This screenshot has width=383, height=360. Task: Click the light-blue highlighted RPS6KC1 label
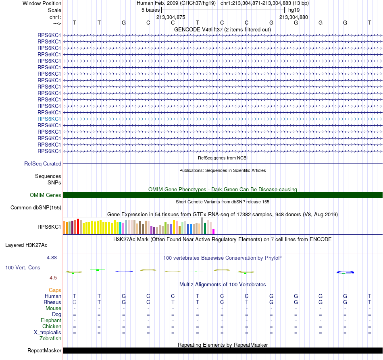coord(49,119)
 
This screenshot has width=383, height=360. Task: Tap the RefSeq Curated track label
coord(43,163)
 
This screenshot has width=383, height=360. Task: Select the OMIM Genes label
coord(46,195)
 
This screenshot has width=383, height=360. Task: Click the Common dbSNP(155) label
coord(36,207)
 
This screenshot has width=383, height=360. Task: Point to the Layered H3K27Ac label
coord(26,245)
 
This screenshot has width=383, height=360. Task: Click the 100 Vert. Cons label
coord(23,267)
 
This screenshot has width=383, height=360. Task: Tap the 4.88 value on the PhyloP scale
coord(52,258)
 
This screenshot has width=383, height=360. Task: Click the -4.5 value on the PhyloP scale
coord(52,278)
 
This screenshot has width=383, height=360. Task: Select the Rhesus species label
coord(52,302)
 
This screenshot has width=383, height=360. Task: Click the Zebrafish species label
coord(50,339)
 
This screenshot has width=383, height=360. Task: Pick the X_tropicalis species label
coord(48,333)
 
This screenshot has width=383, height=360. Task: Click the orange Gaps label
coord(55,290)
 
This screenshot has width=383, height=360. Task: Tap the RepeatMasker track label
coord(44,350)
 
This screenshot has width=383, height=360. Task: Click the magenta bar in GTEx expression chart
coord(214,232)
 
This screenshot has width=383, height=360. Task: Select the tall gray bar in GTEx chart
coord(202,226)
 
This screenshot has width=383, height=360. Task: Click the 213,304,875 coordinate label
coord(171,17)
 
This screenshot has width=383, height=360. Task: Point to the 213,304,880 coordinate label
coord(293,17)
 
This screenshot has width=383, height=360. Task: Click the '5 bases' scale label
coord(150,10)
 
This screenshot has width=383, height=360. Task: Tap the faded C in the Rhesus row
coord(75,302)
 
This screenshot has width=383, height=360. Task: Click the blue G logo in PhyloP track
coord(345,272)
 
